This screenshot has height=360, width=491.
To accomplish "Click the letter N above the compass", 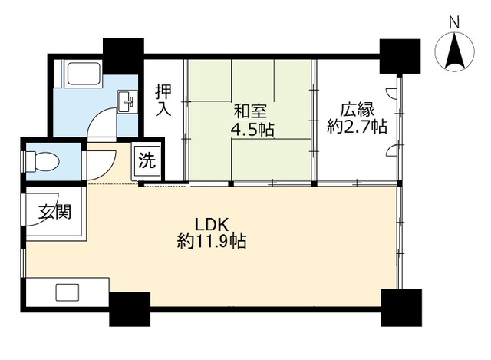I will click(x=454, y=22).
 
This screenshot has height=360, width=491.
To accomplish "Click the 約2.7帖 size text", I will click(x=357, y=127).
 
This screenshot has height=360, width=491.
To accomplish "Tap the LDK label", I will click(x=211, y=225).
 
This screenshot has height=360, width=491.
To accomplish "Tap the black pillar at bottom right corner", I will click(x=400, y=307).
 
